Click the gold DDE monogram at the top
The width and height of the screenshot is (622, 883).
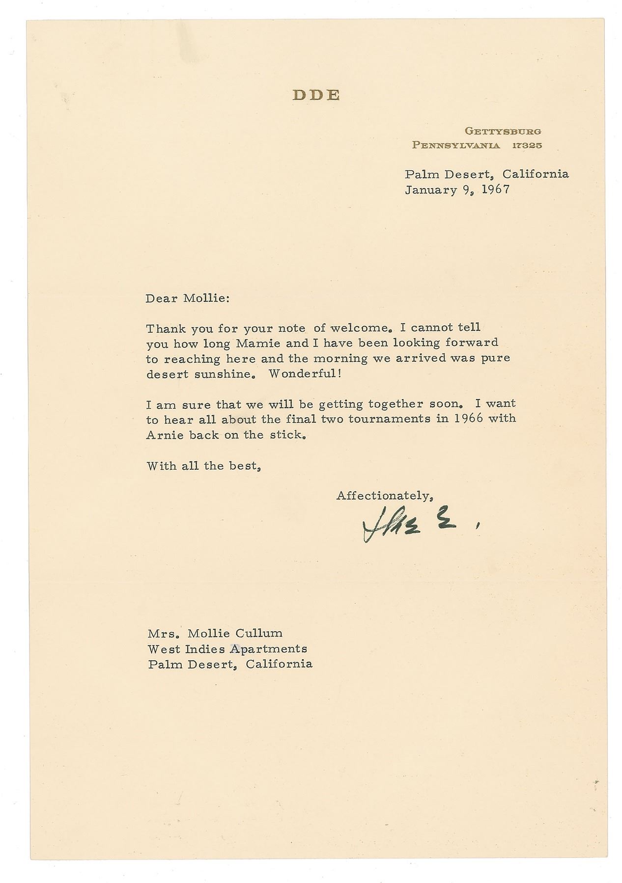(315, 95)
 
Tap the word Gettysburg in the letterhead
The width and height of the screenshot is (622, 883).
(503, 132)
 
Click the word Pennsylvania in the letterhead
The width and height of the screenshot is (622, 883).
(456, 145)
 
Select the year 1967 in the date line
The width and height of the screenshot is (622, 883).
(495, 189)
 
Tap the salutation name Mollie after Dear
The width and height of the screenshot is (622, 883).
(206, 298)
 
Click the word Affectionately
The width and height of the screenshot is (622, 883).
(384, 496)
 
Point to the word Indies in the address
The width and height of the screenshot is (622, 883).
(205, 649)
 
